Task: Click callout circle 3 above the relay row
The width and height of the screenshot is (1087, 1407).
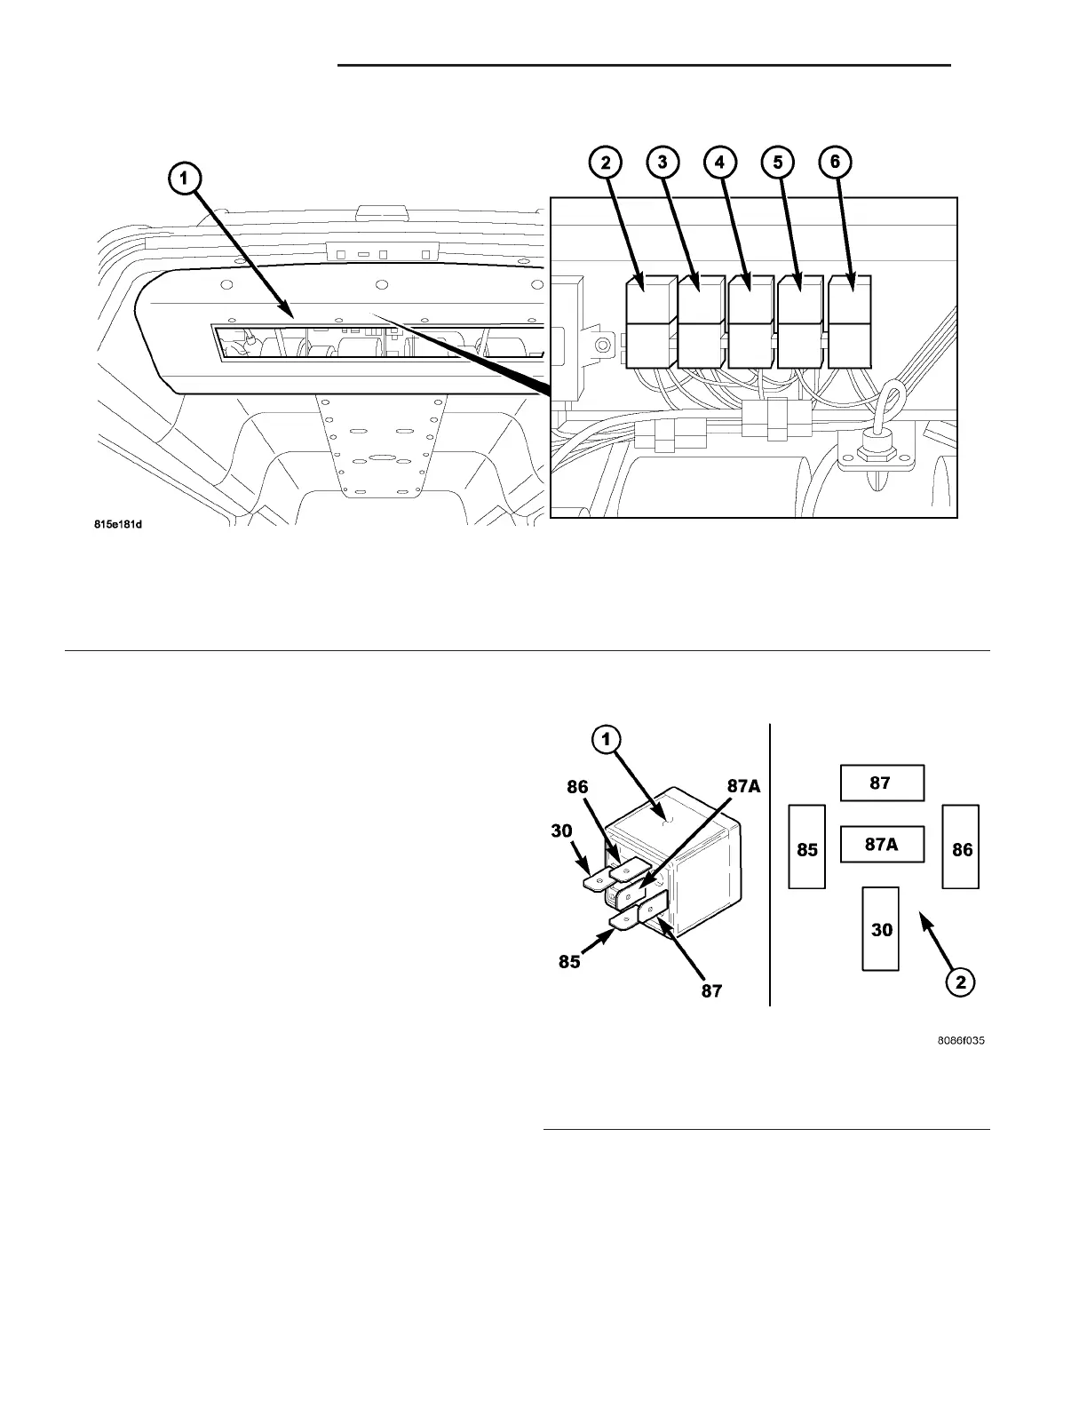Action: pos(663,162)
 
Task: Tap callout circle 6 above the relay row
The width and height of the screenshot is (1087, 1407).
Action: pos(836,162)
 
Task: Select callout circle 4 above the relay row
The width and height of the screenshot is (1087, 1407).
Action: pos(720,162)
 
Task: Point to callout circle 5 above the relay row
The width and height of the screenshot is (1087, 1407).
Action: pos(778,162)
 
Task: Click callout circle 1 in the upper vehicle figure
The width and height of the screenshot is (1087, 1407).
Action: pos(184,179)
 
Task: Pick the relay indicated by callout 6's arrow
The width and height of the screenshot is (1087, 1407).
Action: pos(850,322)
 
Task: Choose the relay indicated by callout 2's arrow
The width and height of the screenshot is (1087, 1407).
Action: pos(651,322)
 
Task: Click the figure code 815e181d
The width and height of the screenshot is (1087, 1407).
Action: pos(119,525)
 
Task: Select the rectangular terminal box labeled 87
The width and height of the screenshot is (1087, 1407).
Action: pos(882,783)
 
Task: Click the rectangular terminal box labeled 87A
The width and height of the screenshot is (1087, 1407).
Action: pos(882,845)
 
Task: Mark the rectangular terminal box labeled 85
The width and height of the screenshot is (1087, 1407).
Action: pos(807,847)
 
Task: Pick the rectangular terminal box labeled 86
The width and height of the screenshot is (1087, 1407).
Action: pos(961,847)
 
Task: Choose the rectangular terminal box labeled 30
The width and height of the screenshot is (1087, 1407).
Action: pos(882,928)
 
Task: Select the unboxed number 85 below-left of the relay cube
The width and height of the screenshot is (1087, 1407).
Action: pos(569,961)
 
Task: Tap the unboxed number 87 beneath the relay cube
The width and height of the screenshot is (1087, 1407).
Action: pos(712,990)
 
